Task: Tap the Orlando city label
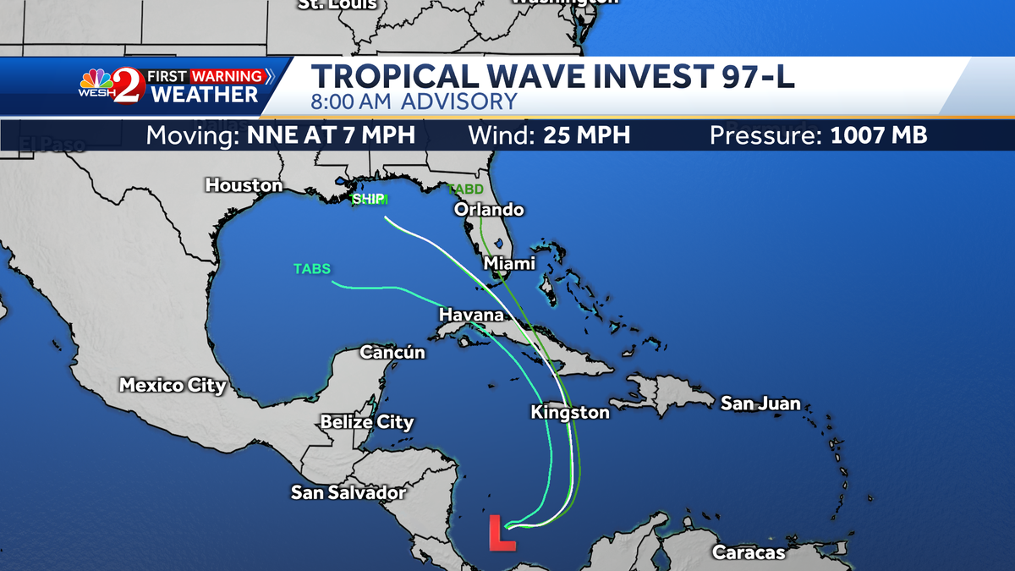point(489,210)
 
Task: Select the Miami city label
point(509,264)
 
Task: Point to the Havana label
point(471,316)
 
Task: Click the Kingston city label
point(570,413)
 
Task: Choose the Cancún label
point(392,352)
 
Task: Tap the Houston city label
point(244,185)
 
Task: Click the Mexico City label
point(173,386)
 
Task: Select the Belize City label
point(367,422)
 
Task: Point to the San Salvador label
point(348,492)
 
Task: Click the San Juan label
point(760,404)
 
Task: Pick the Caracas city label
point(749,553)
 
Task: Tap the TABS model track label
point(312,269)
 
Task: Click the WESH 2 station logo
point(112,85)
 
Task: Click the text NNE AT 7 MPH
point(331,135)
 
